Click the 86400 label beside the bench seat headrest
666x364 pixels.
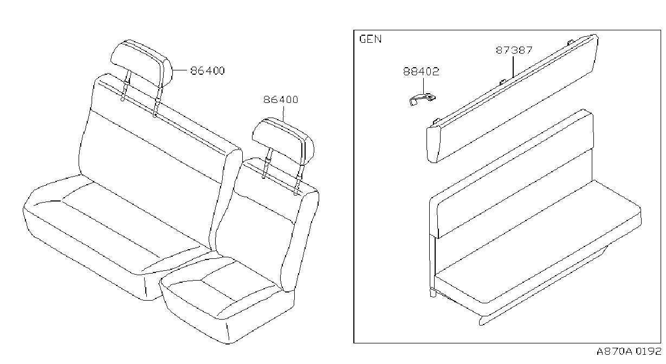[208, 71]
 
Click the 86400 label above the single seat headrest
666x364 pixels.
[281, 100]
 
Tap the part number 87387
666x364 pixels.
[514, 50]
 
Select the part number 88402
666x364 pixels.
[421, 71]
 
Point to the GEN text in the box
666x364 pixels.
[371, 39]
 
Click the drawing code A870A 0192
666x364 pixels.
[629, 351]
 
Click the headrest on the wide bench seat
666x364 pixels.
[141, 63]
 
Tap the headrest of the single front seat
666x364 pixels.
[283, 140]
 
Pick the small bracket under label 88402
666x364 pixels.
[422, 99]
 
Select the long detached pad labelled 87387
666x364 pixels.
[512, 99]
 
